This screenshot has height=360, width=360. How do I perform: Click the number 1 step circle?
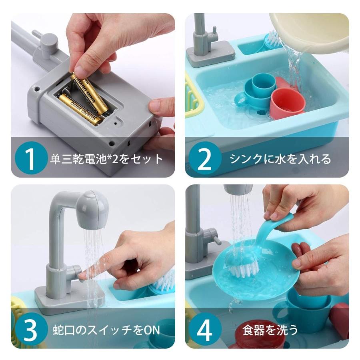[x=31, y=158]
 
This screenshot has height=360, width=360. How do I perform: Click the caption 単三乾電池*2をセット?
[x=106, y=159]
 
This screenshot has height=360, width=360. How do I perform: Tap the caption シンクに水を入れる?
[x=280, y=159]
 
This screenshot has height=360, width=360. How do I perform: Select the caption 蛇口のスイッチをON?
[x=106, y=330]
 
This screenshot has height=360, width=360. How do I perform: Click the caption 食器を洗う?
[x=270, y=330]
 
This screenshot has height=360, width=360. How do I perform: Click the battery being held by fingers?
[x=90, y=94]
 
